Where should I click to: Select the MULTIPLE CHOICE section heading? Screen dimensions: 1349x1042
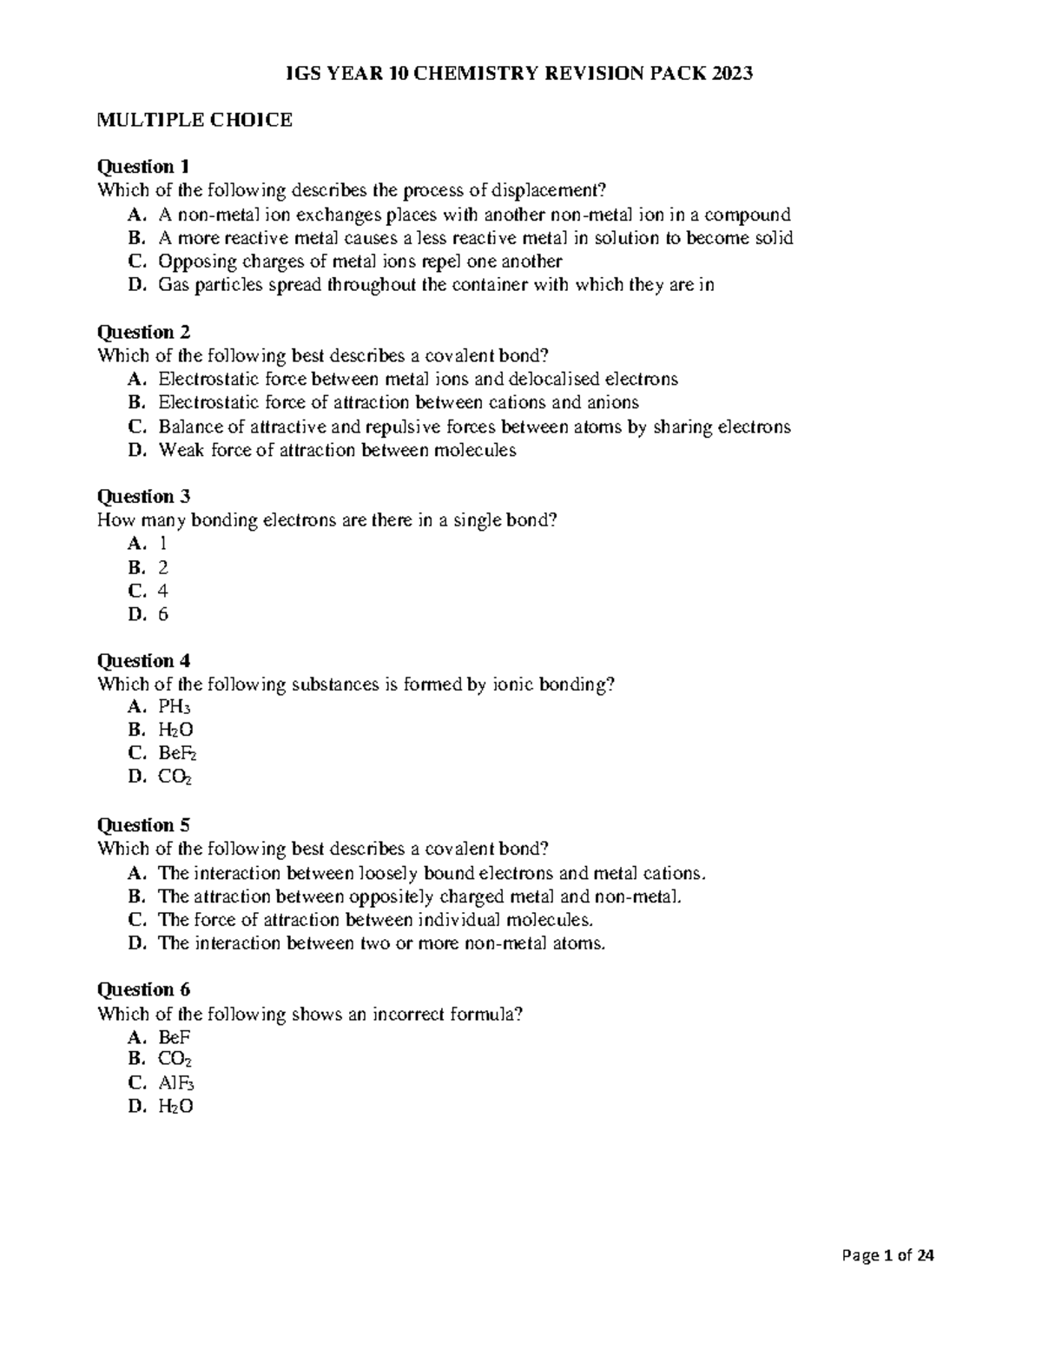pyautogui.click(x=195, y=120)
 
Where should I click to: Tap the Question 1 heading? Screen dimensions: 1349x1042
pyautogui.click(x=143, y=166)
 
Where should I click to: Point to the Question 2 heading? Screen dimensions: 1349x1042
pyautogui.click(x=143, y=331)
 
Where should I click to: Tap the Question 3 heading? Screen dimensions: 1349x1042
pyautogui.click(x=143, y=496)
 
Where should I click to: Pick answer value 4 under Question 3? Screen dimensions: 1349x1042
pyautogui.click(x=163, y=591)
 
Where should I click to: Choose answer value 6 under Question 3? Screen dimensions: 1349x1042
pyautogui.click(x=163, y=614)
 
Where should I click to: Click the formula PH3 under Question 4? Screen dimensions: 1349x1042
pyautogui.click(x=175, y=707)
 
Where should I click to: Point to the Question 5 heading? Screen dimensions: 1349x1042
pyautogui.click(x=143, y=824)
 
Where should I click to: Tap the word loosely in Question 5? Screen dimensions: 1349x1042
pyautogui.click(x=390, y=873)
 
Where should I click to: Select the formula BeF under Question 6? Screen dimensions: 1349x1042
pyautogui.click(x=174, y=1036)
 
